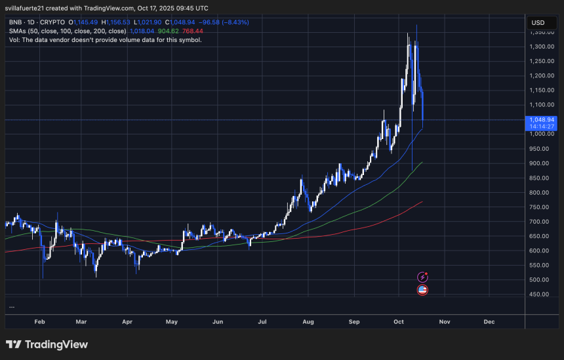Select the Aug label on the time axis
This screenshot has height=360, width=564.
tap(308, 322)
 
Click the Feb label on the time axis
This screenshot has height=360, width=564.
tap(39, 322)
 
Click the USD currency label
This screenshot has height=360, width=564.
tap(538, 23)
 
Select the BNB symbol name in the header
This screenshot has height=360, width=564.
tap(16, 22)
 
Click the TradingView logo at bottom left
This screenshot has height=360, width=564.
tap(46, 344)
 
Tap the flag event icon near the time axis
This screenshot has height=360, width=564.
tap(422, 290)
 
